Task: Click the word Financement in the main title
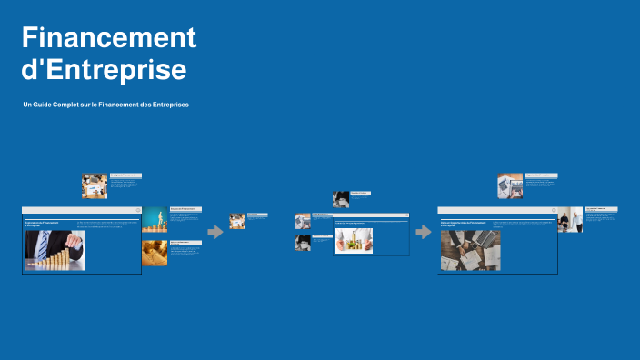coord(109,38)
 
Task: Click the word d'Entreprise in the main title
coord(104,70)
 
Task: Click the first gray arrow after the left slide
coord(215,232)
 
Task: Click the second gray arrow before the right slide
coord(424,232)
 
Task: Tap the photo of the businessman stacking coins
coord(55,250)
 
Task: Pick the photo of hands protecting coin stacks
coord(354,240)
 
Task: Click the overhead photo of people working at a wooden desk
coord(470,250)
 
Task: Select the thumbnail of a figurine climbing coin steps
coord(154,219)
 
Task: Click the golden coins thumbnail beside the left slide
coord(154,253)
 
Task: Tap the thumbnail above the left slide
coord(95,186)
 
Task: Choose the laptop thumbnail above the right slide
coord(510,186)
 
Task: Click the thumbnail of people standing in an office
coord(570,220)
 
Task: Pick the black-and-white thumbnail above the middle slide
coord(341,199)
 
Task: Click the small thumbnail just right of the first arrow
coord(237,221)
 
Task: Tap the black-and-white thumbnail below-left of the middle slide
coord(303,243)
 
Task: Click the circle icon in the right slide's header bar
coord(553,211)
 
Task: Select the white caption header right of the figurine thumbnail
coord(185,209)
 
